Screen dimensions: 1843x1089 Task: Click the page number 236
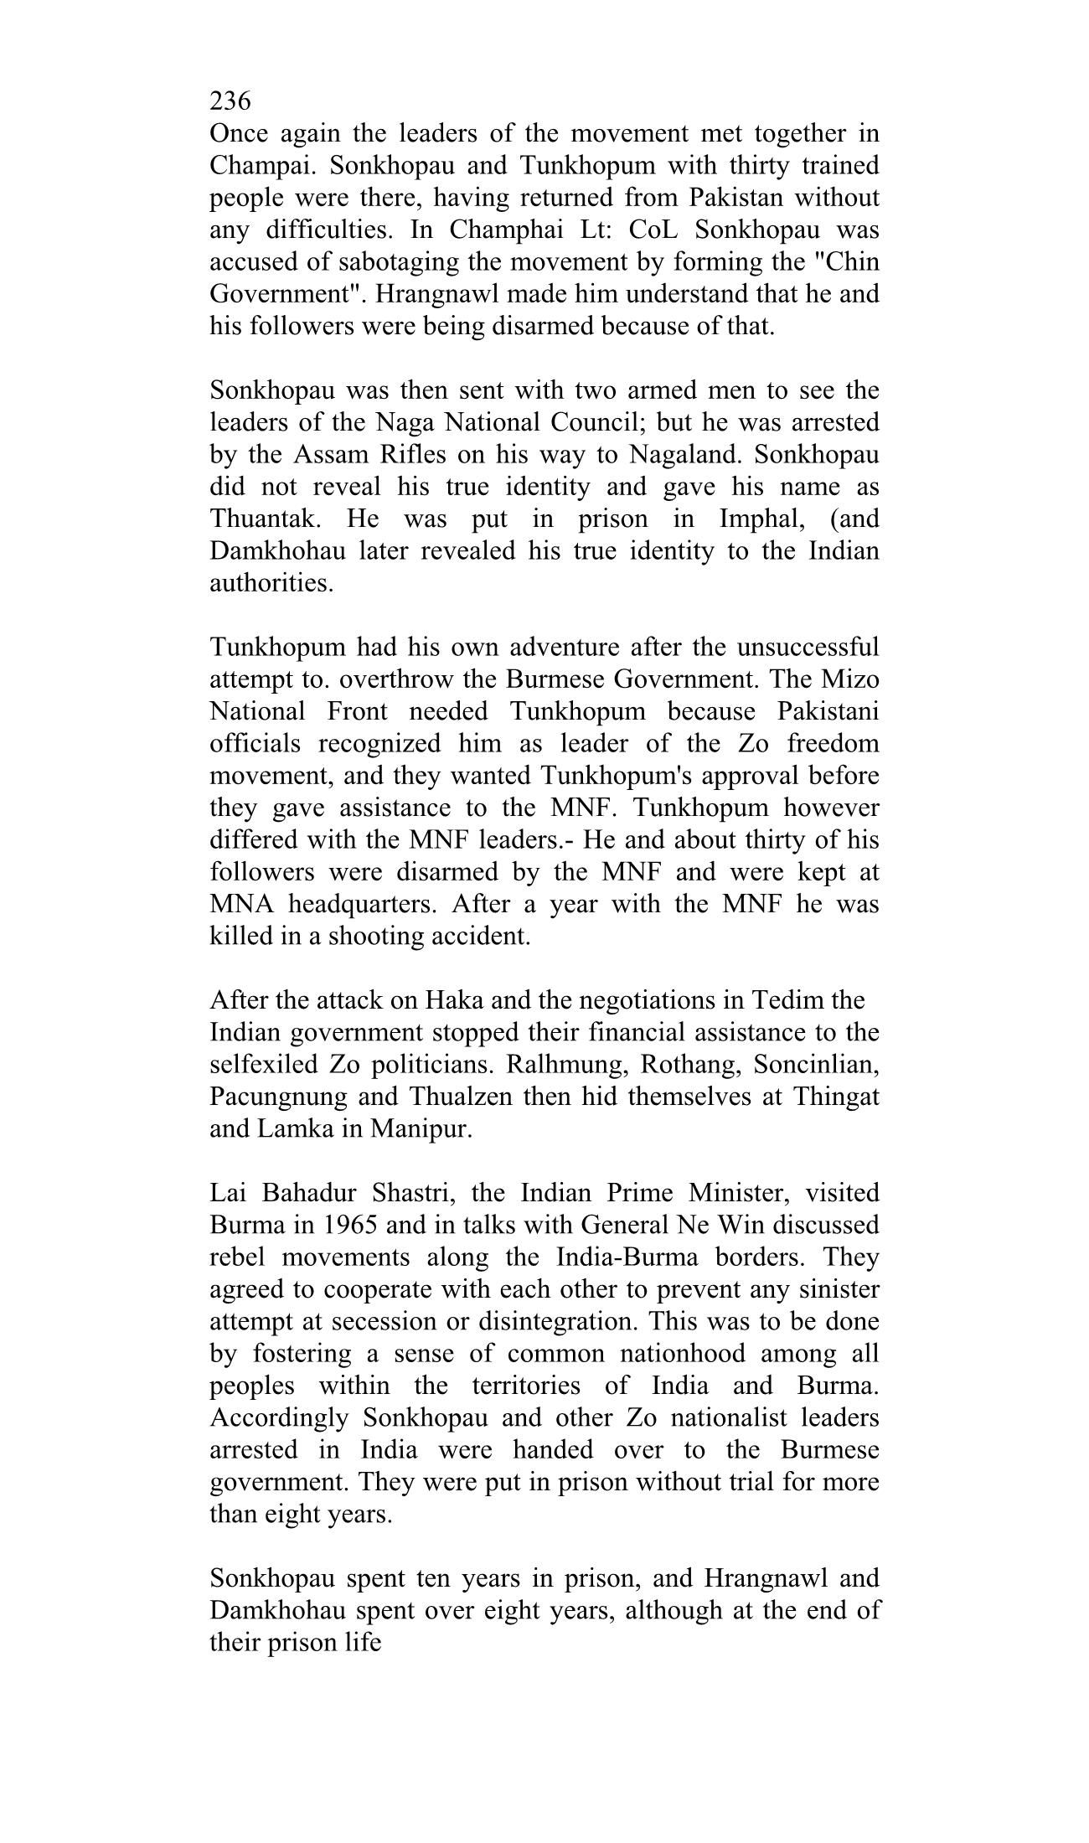click(x=230, y=101)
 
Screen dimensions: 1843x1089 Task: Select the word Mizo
click(x=850, y=679)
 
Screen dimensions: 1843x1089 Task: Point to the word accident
click(x=481, y=937)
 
